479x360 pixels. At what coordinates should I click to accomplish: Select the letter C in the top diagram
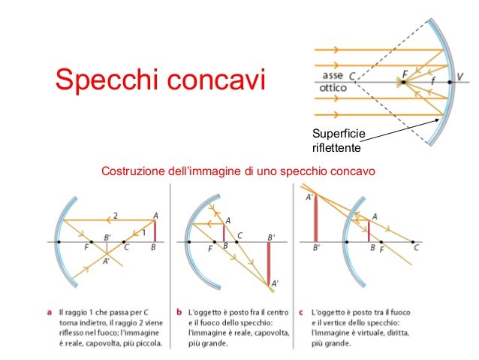(352, 75)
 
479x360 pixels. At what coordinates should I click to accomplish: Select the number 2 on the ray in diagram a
(116, 216)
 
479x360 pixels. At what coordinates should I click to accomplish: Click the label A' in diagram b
(276, 283)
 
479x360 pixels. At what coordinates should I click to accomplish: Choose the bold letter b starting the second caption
(179, 310)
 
